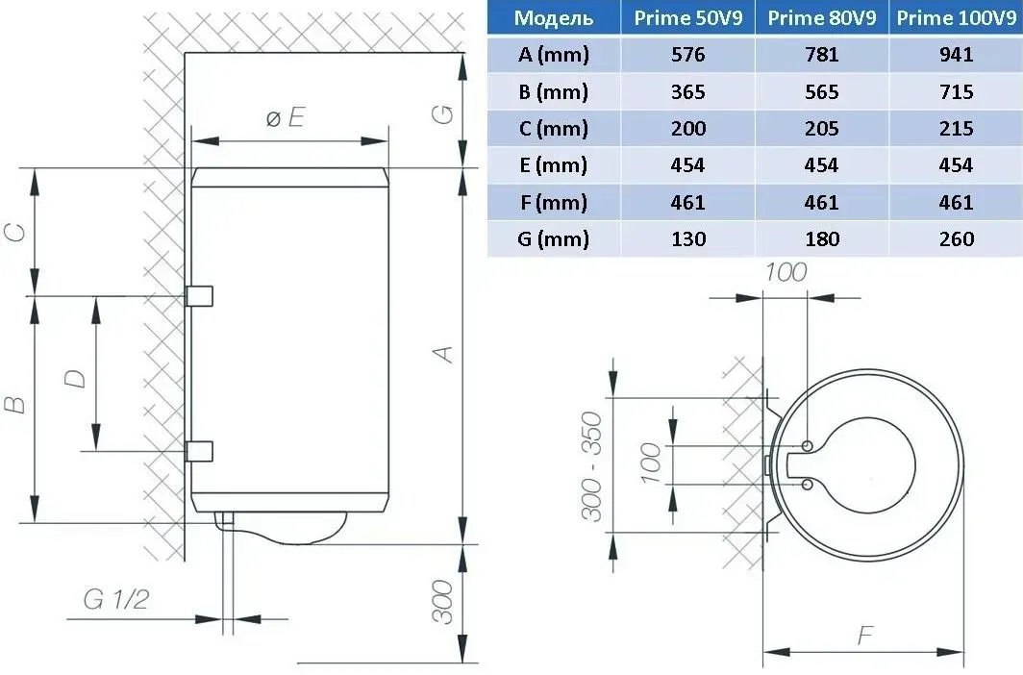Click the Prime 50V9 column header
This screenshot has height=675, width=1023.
pyautogui.click(x=687, y=17)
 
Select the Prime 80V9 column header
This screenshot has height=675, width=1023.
pyautogui.click(x=821, y=17)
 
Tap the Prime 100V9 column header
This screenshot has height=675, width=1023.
pyautogui.click(x=956, y=17)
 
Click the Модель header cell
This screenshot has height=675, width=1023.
pyautogui.click(x=553, y=17)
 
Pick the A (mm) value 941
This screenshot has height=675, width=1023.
pyautogui.click(x=956, y=54)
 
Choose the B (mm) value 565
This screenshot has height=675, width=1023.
pyautogui.click(x=821, y=91)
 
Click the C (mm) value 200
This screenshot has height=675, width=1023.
pyautogui.click(x=687, y=128)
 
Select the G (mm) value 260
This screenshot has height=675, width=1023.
pyautogui.click(x=957, y=238)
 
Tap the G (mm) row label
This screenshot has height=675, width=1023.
pyautogui.click(x=553, y=238)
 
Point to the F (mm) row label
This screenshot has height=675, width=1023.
pyautogui.click(x=553, y=202)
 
